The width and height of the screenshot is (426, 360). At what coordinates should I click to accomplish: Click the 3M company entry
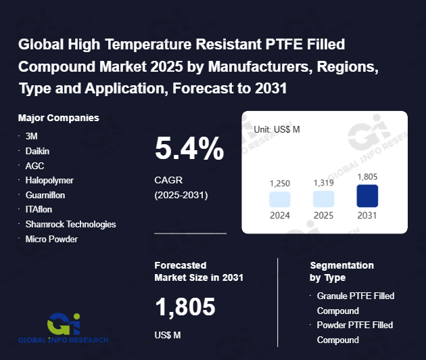(x=31, y=136)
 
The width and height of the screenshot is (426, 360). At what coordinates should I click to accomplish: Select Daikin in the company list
(x=38, y=151)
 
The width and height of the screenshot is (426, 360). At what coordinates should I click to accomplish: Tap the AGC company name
(x=34, y=166)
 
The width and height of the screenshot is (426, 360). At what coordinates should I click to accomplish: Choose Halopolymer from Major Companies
(x=49, y=181)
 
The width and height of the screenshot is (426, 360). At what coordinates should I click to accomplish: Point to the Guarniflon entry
(x=46, y=195)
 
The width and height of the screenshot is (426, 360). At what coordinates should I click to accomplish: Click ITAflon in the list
(x=39, y=210)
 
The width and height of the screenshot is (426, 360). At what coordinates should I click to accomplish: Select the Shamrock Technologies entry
(x=70, y=224)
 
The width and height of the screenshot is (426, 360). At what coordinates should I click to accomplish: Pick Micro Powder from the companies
(x=51, y=239)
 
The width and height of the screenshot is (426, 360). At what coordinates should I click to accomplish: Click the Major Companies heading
(x=59, y=118)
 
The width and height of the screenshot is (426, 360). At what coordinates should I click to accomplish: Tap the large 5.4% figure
(x=189, y=149)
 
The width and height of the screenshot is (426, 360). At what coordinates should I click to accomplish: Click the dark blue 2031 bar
(x=367, y=196)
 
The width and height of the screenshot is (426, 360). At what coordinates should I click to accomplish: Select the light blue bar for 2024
(x=280, y=199)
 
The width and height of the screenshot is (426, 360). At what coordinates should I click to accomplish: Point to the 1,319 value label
(x=323, y=183)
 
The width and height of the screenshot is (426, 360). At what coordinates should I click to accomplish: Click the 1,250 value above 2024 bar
(x=280, y=183)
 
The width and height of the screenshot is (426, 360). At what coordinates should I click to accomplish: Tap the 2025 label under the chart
(x=323, y=216)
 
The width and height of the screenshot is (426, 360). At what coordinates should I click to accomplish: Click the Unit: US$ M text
(x=277, y=129)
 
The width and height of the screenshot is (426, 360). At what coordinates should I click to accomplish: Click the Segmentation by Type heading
(x=341, y=271)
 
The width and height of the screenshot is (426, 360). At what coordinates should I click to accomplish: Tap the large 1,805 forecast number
(x=185, y=308)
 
